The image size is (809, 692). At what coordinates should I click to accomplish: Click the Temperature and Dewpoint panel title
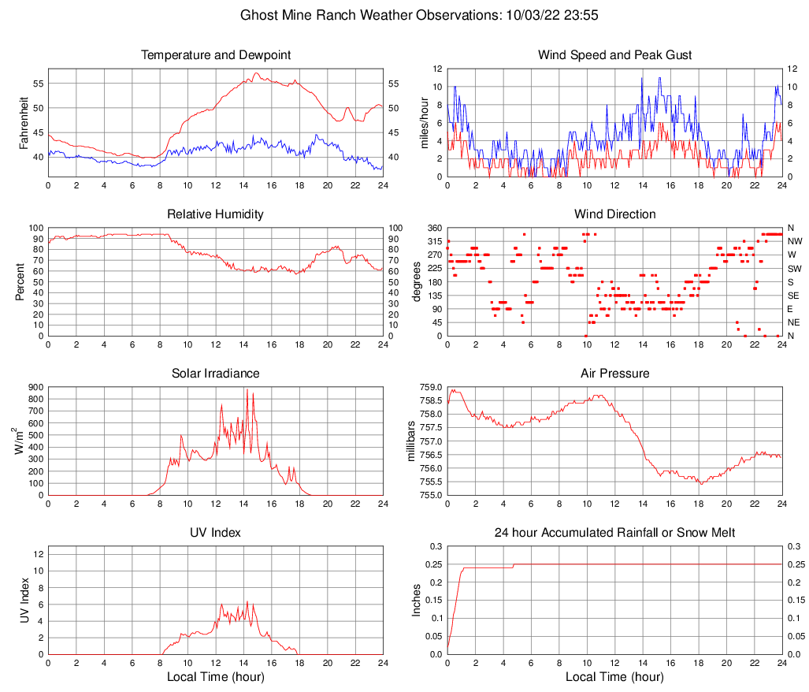216,55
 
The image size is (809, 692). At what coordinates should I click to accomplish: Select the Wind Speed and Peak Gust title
614,55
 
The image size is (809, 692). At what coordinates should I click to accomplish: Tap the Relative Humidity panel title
216,214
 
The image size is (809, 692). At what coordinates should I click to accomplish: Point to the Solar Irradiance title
216,373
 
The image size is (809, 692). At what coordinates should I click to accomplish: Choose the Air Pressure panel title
614,373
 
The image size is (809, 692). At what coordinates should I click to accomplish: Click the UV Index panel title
216,533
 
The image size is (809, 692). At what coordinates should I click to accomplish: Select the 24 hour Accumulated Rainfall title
614,533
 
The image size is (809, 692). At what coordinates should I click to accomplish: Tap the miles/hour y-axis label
425,122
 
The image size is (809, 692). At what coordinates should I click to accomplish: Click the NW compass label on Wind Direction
795,241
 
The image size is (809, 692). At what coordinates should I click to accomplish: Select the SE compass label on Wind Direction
794,296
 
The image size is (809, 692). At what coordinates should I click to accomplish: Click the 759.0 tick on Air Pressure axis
432,387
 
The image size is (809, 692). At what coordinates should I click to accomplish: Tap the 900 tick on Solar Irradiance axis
34,387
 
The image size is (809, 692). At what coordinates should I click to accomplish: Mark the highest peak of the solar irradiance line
247,389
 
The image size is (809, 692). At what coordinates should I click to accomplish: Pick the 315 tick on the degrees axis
433,241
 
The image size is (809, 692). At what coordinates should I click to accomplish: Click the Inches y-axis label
417,600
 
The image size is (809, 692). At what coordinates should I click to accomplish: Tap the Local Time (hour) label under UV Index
216,677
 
